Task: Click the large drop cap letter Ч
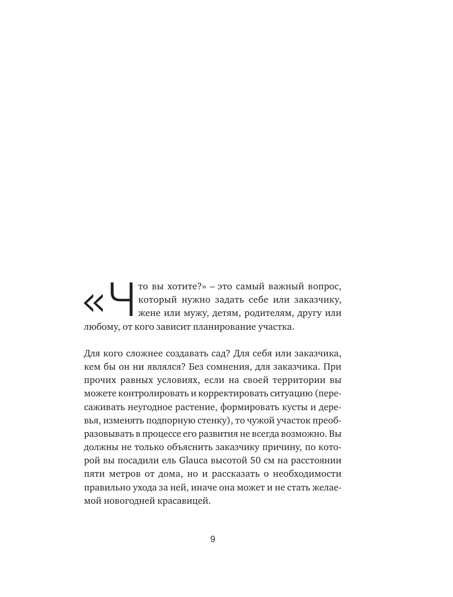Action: click(122, 299)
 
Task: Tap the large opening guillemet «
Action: click(94, 303)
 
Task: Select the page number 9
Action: click(213, 539)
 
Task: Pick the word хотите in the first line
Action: click(182, 287)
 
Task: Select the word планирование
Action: click(238, 327)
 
